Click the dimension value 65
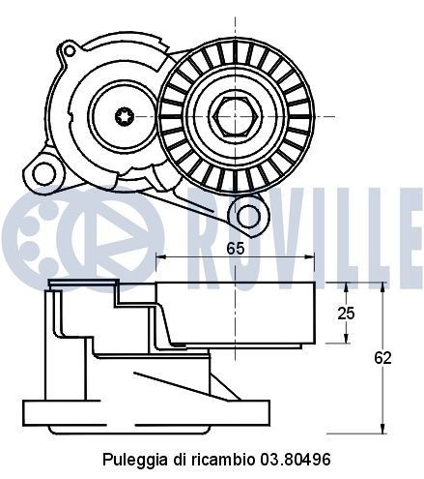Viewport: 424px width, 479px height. [235, 247]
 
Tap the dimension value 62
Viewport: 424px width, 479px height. [383, 358]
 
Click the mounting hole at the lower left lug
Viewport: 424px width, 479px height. [41, 173]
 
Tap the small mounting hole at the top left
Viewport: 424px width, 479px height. [69, 49]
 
